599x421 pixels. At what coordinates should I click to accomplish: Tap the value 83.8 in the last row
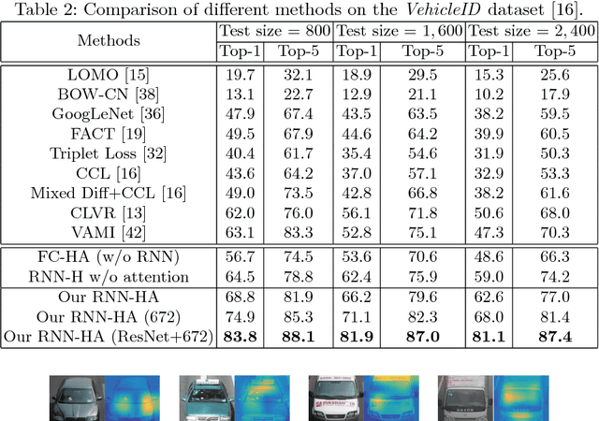237,338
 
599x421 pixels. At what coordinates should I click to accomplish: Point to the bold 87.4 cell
553,338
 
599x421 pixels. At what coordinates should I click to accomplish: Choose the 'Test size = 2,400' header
530,31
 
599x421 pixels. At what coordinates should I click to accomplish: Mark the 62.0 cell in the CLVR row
237,211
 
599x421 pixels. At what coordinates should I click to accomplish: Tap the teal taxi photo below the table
205,398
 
